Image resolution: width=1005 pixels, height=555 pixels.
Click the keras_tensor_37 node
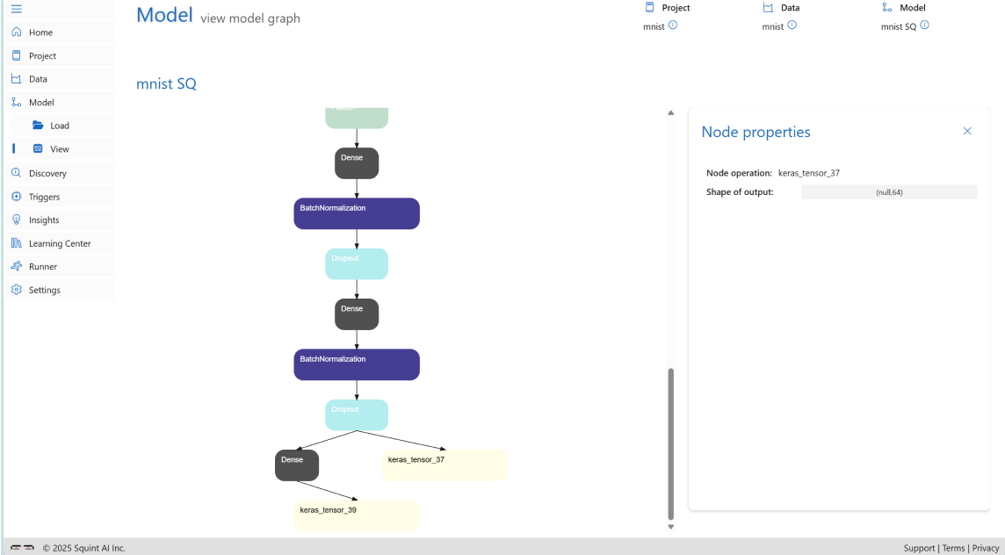coord(445,465)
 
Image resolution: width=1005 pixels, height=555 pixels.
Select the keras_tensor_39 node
coord(357,515)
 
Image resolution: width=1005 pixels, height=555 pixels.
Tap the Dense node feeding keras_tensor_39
coord(296,465)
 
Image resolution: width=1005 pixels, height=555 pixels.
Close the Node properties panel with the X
coord(967,131)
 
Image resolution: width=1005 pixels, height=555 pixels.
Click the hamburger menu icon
coord(17,9)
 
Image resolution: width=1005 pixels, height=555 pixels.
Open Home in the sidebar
coord(40,32)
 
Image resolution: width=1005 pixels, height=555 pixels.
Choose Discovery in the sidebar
coord(47,173)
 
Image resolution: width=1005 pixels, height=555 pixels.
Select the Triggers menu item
coord(44,197)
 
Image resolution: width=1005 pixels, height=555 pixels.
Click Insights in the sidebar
coord(44,220)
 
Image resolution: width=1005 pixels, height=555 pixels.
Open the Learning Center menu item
coord(60,243)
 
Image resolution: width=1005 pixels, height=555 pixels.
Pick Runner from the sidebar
coord(43,266)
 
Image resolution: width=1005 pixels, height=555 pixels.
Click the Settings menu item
coord(44,290)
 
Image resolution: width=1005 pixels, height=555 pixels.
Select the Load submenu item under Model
coord(59,126)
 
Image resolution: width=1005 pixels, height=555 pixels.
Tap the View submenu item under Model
coord(59,149)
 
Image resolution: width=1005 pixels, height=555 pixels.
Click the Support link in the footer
coord(919,548)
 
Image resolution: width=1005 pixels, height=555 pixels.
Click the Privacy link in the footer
coord(986,548)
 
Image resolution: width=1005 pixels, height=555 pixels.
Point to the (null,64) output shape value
coord(889,192)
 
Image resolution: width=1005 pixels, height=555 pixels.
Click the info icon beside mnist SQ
coord(924,25)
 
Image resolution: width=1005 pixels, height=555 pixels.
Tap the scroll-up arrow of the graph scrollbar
coord(670,113)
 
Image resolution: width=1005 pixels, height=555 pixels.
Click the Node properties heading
coord(756,132)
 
